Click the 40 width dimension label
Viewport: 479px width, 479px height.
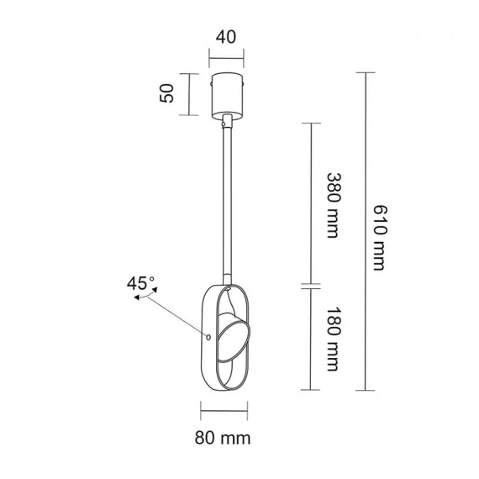[x=226, y=37]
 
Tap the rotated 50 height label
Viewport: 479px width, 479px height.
[x=166, y=93]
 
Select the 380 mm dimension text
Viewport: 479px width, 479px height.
[x=334, y=205]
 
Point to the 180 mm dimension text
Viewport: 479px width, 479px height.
[x=334, y=340]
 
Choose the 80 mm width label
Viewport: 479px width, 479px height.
[x=223, y=438]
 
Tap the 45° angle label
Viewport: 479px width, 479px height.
[x=140, y=283]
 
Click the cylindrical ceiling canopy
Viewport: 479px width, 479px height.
[x=226, y=95]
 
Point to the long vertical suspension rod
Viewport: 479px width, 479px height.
[x=226, y=198]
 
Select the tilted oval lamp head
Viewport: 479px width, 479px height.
[x=234, y=340]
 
